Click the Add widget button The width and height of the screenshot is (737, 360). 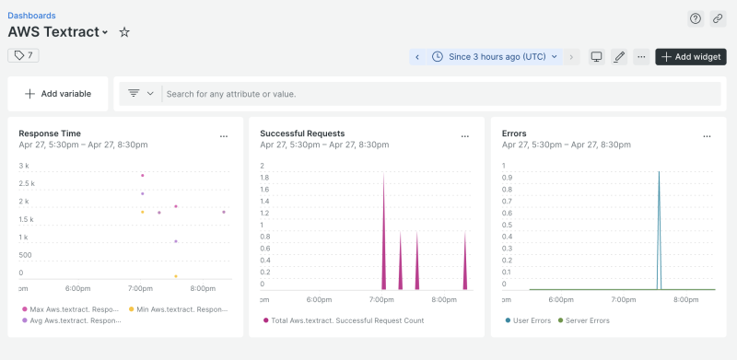tap(690, 56)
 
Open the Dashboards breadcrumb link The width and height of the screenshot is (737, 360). tap(31, 16)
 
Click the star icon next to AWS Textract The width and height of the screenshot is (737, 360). tap(124, 32)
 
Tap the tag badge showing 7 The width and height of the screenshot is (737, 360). tap(23, 55)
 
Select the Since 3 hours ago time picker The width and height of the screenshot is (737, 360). tap(496, 56)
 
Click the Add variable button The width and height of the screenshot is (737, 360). tap(57, 94)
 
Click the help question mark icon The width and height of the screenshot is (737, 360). tap(696, 18)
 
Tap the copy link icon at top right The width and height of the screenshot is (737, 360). tap(718, 18)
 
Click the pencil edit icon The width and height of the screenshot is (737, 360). tap(619, 56)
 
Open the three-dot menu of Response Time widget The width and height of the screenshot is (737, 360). tap(223, 136)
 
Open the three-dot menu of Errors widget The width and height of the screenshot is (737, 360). tap(707, 136)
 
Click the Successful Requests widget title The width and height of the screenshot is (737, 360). tap(302, 134)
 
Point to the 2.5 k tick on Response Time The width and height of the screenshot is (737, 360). tap(29, 183)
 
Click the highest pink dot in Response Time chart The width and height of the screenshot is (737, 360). tap(142, 175)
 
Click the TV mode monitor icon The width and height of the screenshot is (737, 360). tap(596, 56)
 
